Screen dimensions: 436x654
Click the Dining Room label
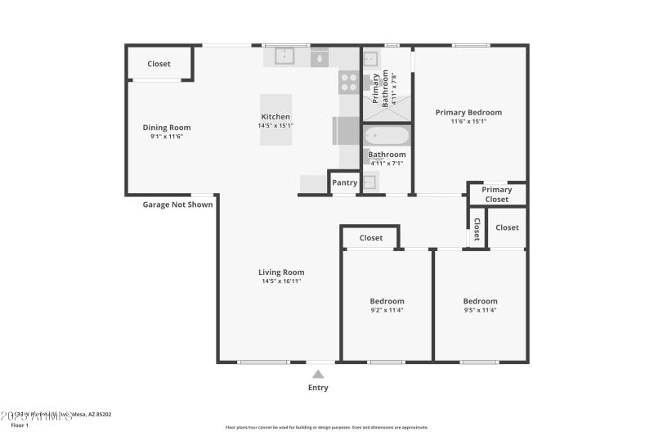tap(167, 127)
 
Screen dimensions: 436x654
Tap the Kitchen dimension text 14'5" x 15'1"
tap(275, 126)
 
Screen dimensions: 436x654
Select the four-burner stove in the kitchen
tap(349, 83)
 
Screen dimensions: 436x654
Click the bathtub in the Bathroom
tap(387, 136)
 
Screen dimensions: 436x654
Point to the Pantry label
tap(344, 182)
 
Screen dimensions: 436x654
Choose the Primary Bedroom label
tap(468, 112)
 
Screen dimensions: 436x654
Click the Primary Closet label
tap(496, 195)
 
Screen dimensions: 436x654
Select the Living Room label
tap(281, 272)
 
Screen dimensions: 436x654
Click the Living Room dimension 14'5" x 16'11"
tap(281, 282)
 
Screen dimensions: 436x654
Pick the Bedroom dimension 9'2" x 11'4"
tap(387, 311)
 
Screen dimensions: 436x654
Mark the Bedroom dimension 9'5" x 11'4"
tap(480, 311)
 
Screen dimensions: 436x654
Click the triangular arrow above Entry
tap(318, 374)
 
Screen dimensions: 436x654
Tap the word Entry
tap(318, 388)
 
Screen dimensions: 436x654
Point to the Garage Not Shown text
tap(177, 205)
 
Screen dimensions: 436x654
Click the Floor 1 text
tap(20, 425)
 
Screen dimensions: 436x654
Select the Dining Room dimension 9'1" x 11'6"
tap(167, 137)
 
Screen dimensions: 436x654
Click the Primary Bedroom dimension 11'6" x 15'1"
tap(468, 122)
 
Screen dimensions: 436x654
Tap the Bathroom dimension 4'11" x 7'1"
tap(387, 163)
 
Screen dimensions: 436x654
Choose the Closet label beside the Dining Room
tap(159, 64)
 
